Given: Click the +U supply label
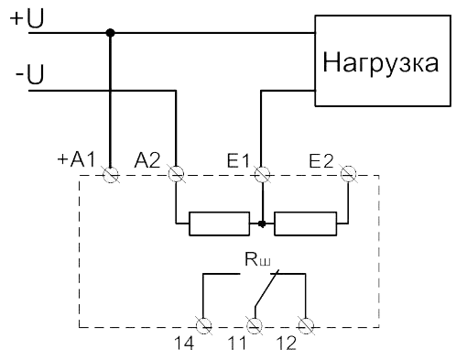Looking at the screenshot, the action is pyautogui.click(x=27, y=18).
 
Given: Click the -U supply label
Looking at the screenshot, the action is pyautogui.click(x=29, y=73).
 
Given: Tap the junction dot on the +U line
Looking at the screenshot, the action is pyautogui.click(x=110, y=33).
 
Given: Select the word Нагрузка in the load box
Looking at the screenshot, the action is pyautogui.click(x=381, y=63).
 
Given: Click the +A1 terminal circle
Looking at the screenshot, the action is pyautogui.click(x=111, y=175).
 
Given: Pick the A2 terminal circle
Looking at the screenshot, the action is pyautogui.click(x=176, y=174).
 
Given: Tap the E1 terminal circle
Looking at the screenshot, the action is pyautogui.click(x=262, y=174).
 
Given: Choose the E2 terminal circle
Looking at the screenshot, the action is pyautogui.click(x=348, y=174).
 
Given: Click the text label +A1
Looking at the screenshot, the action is pyautogui.click(x=77, y=159).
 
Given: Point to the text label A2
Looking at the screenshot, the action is pyautogui.click(x=147, y=160).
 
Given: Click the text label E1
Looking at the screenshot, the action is pyautogui.click(x=238, y=160).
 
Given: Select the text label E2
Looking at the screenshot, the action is pyautogui.click(x=321, y=161).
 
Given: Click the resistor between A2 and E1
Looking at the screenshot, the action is pyautogui.click(x=220, y=224).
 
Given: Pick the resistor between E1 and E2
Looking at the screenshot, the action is pyautogui.click(x=306, y=224).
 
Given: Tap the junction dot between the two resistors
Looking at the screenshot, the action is pyautogui.click(x=262, y=224).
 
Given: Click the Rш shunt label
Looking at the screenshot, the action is pyautogui.click(x=257, y=259).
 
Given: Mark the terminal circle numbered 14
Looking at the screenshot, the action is pyautogui.click(x=203, y=325).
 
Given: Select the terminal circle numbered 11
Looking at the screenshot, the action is pyautogui.click(x=255, y=325).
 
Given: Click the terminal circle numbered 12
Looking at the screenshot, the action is pyautogui.click(x=306, y=325).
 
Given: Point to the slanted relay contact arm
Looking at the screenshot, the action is pyautogui.click(x=266, y=288).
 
